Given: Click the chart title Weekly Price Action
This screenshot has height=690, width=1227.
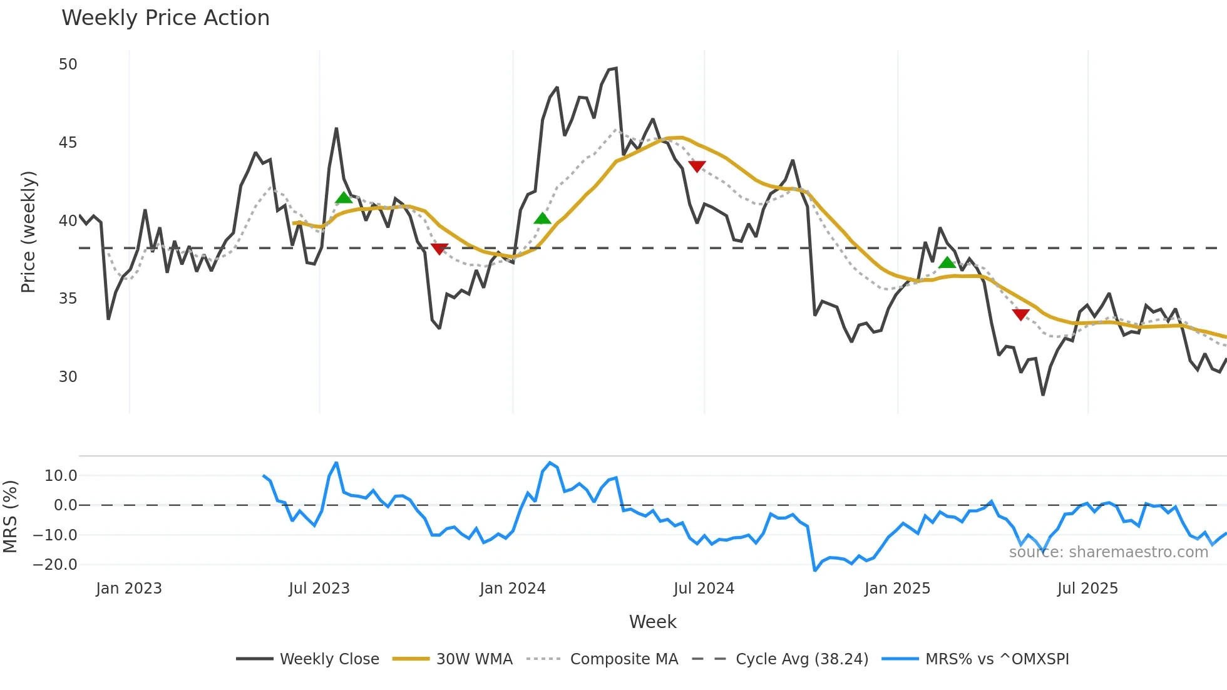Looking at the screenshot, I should point(165,18).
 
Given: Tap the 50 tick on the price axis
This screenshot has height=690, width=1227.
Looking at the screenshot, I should point(68,64).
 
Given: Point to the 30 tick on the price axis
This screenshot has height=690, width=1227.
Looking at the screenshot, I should point(68,376).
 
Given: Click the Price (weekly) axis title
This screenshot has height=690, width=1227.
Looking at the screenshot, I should point(28,232).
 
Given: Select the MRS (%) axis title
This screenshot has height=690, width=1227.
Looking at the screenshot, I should point(10,517).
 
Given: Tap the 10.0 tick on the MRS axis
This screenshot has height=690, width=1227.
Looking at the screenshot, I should point(61,475).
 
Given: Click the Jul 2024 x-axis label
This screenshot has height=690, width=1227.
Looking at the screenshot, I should point(704,589).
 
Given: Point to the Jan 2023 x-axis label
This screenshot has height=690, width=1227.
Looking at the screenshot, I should point(129,589).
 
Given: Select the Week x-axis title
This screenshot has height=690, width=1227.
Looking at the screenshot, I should point(652,622).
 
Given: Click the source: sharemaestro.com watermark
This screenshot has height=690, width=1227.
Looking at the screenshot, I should point(1108,552).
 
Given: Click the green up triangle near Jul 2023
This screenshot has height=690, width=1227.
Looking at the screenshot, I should point(344,198).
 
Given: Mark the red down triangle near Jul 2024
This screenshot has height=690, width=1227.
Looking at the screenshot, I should point(697,166).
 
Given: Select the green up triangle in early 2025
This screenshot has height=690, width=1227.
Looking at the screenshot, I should point(947,263).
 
